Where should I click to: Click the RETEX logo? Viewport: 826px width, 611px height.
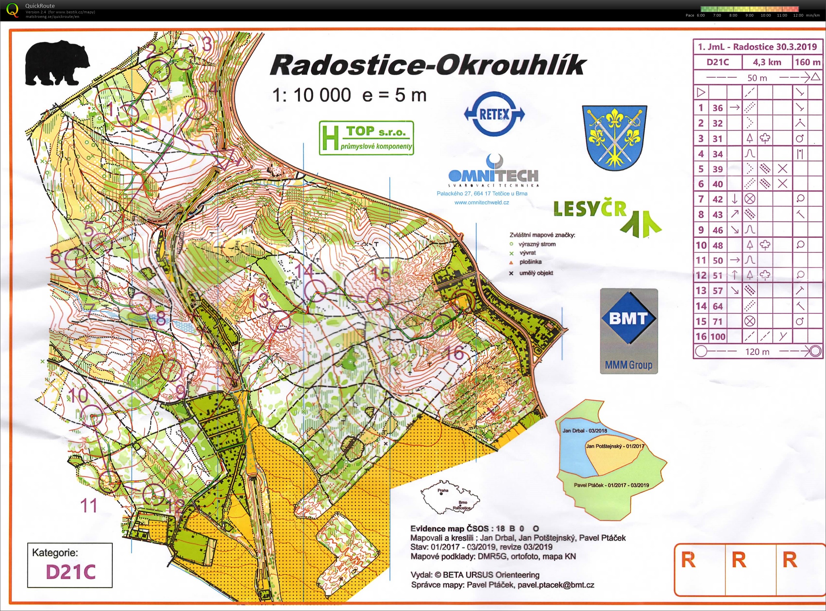(494, 114)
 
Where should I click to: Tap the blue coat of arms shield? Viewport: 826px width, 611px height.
(614, 137)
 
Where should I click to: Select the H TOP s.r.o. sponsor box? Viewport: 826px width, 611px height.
(366, 137)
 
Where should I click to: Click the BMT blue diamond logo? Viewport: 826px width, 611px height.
(628, 318)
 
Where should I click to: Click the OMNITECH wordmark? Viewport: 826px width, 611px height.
(493, 175)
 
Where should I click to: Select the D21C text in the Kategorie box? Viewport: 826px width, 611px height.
(71, 571)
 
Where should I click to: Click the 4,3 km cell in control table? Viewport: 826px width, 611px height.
(767, 62)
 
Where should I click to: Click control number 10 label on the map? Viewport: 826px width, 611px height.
(78, 396)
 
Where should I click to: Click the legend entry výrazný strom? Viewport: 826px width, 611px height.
(537, 244)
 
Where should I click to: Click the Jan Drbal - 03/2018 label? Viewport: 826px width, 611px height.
(585, 431)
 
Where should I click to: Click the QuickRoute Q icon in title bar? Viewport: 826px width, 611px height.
(12, 10)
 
